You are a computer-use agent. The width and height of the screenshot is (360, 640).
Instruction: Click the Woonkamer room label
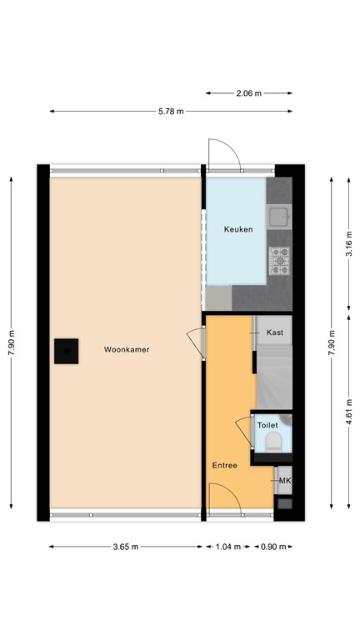click(x=127, y=350)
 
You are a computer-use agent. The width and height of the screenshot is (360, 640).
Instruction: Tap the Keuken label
click(x=238, y=229)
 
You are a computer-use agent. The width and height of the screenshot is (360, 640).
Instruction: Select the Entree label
click(x=224, y=466)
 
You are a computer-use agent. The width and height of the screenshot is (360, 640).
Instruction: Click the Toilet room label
click(x=267, y=426)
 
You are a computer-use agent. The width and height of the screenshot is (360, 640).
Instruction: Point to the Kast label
click(x=275, y=332)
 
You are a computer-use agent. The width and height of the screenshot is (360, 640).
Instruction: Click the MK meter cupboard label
click(x=285, y=481)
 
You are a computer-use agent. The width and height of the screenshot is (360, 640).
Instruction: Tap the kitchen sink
click(x=279, y=217)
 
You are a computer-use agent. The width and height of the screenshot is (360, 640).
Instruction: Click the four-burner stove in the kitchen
click(x=279, y=261)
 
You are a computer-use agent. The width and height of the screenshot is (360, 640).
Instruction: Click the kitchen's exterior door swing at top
click(x=223, y=154)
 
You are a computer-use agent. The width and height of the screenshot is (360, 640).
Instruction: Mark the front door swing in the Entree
click(x=222, y=500)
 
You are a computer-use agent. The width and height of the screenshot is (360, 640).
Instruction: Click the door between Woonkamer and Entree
click(x=197, y=341)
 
